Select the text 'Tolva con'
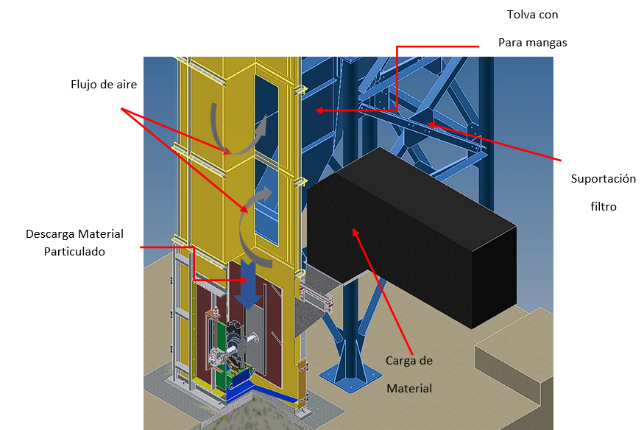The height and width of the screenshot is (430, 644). coord(531,15)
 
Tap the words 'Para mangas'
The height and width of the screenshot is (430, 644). coord(532,43)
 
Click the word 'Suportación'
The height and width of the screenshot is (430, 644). coord(603,179)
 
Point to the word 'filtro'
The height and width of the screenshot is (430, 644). coord(603,207)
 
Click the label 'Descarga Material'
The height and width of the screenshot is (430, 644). coord(74,234)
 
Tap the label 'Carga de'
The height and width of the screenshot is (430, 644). coord(409,361)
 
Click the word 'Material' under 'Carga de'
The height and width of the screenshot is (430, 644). coord(409,388)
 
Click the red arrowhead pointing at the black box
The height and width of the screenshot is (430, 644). coord(356,231)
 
